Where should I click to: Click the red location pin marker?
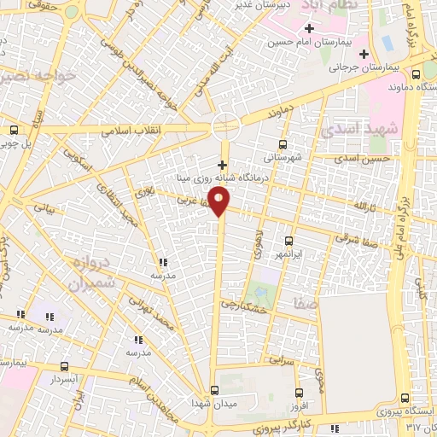pyautogui.click(x=220, y=202)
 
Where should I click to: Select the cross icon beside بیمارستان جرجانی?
pyautogui.click(x=364, y=54)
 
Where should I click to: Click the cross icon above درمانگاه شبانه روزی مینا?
pyautogui.click(x=223, y=165)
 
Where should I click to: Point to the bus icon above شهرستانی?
pyautogui.click(x=283, y=144)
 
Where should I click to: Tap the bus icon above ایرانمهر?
pyautogui.click(x=288, y=241)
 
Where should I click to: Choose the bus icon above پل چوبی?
pyautogui.click(x=13, y=130)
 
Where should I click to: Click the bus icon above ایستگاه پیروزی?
pyautogui.click(x=405, y=397)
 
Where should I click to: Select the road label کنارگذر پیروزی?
pyautogui.click(x=256, y=424)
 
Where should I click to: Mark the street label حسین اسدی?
pyautogui.click(x=363, y=160)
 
